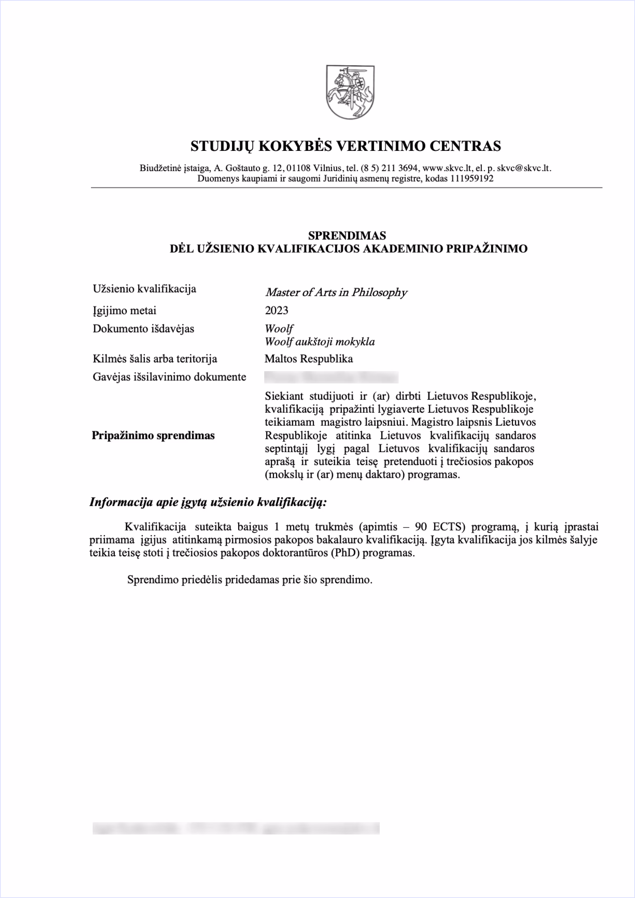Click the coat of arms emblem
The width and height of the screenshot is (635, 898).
point(350,92)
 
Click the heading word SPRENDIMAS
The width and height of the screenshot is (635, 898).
point(347,235)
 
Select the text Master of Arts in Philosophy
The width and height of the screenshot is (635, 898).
point(336,292)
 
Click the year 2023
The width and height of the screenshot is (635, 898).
point(277,310)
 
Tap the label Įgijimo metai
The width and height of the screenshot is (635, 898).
point(124,310)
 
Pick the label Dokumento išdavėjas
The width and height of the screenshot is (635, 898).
point(143,329)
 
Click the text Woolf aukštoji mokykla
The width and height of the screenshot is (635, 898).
point(320,342)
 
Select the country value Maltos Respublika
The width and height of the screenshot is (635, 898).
point(309,359)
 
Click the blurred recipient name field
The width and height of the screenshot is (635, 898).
point(331,377)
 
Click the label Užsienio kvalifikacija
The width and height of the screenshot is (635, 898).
point(144,289)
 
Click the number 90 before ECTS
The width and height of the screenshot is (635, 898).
point(421,527)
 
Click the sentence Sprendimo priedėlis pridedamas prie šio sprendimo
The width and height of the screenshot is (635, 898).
point(249,580)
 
